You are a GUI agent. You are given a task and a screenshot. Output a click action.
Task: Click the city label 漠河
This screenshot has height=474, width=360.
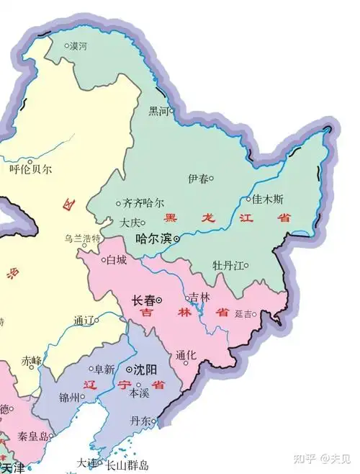coord(78,46)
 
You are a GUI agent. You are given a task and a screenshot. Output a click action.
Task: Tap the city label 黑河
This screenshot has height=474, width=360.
coord(158,111)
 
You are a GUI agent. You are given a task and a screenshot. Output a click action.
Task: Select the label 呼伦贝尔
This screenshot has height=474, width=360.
coord(31,170)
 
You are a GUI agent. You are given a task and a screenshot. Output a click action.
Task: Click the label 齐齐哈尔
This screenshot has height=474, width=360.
coord(144,204)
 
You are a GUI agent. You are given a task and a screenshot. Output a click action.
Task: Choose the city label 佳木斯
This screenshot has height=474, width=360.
coord(269,198)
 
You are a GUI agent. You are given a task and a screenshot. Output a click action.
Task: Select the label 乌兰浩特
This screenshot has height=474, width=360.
coord(83,238)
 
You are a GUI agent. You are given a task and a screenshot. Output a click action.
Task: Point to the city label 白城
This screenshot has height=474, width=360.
coord(117,259)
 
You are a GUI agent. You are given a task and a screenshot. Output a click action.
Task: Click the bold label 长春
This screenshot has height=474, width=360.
coord(144,300)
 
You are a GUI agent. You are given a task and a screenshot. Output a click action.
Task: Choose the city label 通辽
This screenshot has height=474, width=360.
coord(84,321)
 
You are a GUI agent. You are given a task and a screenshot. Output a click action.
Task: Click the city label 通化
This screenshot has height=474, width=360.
coord(186,355)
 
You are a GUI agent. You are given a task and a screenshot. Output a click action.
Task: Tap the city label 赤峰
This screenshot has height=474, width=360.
coord(31,360)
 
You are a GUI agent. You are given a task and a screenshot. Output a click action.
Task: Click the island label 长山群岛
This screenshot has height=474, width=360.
coord(127,465)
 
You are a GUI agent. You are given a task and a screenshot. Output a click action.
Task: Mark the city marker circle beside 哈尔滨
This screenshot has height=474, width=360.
coord(177,238)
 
